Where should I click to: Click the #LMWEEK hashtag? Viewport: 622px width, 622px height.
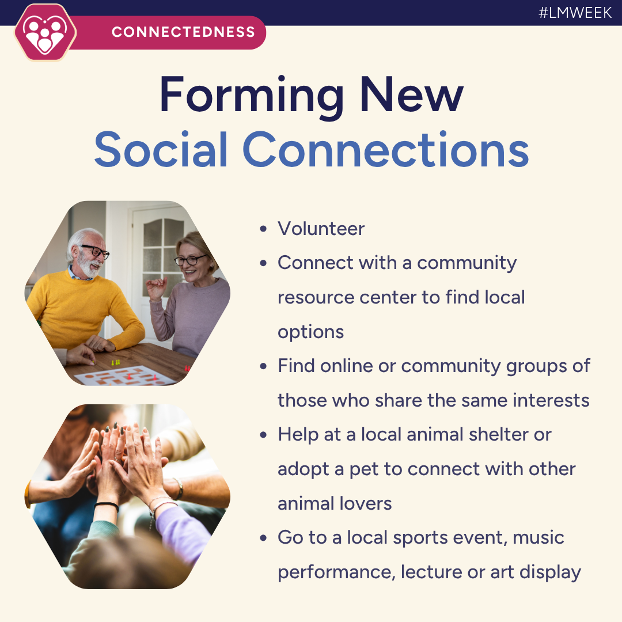click(x=575, y=13)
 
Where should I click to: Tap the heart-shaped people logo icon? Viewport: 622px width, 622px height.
click(x=45, y=32)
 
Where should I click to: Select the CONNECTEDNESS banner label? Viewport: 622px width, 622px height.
click(x=183, y=32)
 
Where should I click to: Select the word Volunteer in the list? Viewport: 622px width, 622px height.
click(x=321, y=229)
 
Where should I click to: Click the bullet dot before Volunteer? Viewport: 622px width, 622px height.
click(x=263, y=229)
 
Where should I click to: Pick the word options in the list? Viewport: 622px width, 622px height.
click(x=310, y=332)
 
